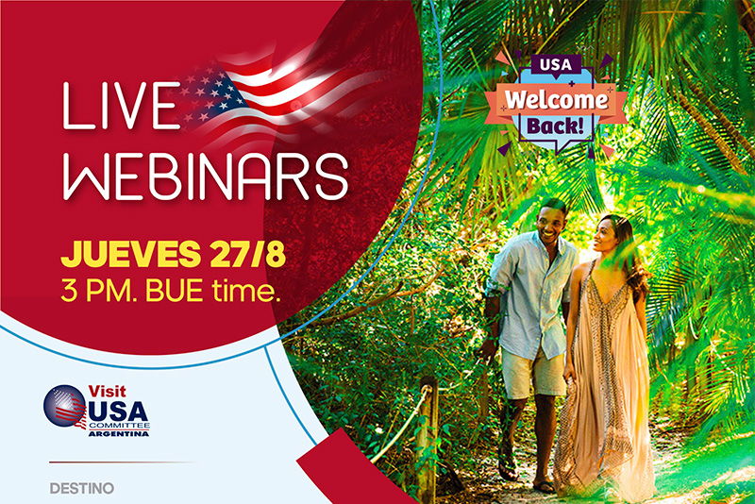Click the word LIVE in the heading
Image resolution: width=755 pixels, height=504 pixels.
(x=122, y=106)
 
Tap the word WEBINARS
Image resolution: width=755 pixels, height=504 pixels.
(x=206, y=176)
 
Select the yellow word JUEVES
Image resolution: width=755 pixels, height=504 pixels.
(x=130, y=254)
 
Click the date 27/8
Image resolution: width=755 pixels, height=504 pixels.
(x=247, y=254)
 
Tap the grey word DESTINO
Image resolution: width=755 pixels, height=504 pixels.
(x=82, y=489)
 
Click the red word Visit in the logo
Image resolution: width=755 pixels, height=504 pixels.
(x=107, y=391)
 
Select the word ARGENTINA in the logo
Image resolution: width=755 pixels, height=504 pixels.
(x=119, y=434)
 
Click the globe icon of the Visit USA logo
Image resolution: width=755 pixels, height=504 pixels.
(x=64, y=406)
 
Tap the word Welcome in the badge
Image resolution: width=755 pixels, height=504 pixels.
(x=556, y=100)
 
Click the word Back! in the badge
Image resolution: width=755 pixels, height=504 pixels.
(x=555, y=126)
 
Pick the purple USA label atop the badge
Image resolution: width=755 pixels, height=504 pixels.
(x=556, y=64)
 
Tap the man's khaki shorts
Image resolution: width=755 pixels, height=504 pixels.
(x=532, y=374)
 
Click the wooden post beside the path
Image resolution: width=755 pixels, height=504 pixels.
(x=427, y=437)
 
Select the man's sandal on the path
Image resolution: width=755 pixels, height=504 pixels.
(x=545, y=486)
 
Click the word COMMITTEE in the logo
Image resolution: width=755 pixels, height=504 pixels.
(x=119, y=426)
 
